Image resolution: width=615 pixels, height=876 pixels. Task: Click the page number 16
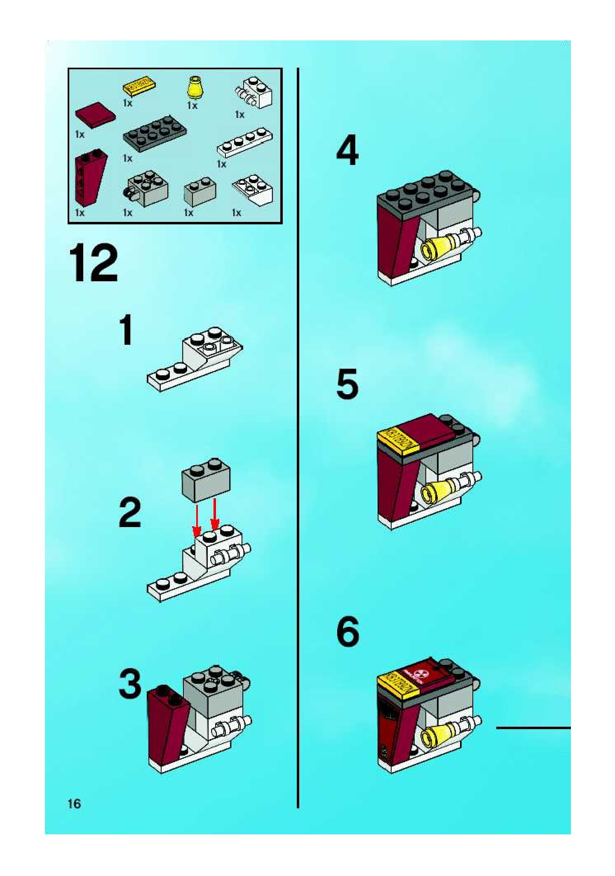pos(75,803)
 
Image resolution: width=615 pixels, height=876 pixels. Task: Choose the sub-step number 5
pos(347,384)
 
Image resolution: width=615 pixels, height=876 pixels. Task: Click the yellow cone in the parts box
pos(193,87)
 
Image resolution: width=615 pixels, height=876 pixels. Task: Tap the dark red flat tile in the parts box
pos(95,114)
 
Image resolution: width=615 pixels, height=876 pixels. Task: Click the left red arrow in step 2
pos(197,519)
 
